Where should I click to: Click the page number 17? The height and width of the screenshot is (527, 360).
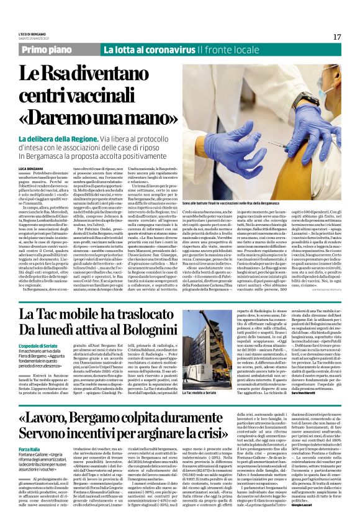(338, 37)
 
